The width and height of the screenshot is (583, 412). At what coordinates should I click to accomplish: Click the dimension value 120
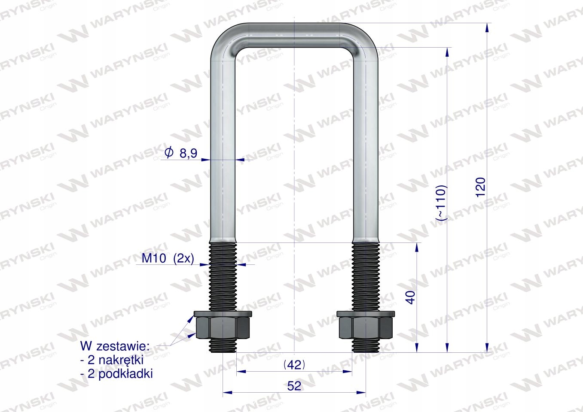(481, 187)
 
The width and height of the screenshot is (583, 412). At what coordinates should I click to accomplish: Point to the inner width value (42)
(294, 365)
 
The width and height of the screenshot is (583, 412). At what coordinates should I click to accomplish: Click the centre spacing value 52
(294, 386)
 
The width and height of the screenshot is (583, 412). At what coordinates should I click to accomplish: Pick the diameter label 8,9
(189, 154)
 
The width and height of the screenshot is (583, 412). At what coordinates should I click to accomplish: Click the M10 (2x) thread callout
(168, 259)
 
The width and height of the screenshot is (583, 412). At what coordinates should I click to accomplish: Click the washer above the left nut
(223, 314)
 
